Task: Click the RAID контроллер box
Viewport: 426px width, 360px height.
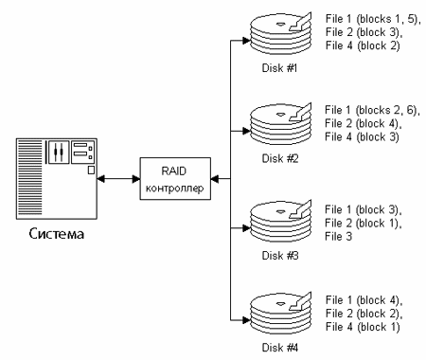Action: point(175,178)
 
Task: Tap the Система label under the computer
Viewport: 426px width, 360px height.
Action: point(57,234)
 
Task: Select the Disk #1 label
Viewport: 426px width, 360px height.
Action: point(279,68)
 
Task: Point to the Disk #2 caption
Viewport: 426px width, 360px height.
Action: point(280,158)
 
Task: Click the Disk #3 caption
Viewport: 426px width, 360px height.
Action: point(280,256)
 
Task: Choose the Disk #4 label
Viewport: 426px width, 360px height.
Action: point(280,348)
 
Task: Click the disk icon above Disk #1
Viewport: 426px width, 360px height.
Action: point(281,34)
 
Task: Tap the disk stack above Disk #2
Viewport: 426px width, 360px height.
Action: point(281,124)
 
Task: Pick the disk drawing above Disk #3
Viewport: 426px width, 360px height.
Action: point(281,222)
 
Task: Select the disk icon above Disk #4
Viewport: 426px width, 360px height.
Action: point(281,314)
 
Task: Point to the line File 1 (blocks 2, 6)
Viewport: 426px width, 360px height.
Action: point(371,110)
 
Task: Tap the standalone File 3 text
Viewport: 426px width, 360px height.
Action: point(338,236)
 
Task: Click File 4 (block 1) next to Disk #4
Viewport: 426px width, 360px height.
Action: point(363,327)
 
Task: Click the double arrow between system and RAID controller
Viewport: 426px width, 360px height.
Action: point(118,179)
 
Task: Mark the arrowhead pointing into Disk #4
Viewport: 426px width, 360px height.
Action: point(246,320)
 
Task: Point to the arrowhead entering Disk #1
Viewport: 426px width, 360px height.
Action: point(246,41)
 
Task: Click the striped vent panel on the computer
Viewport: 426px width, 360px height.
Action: point(30,178)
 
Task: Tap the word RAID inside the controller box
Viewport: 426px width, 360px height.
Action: point(174,171)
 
